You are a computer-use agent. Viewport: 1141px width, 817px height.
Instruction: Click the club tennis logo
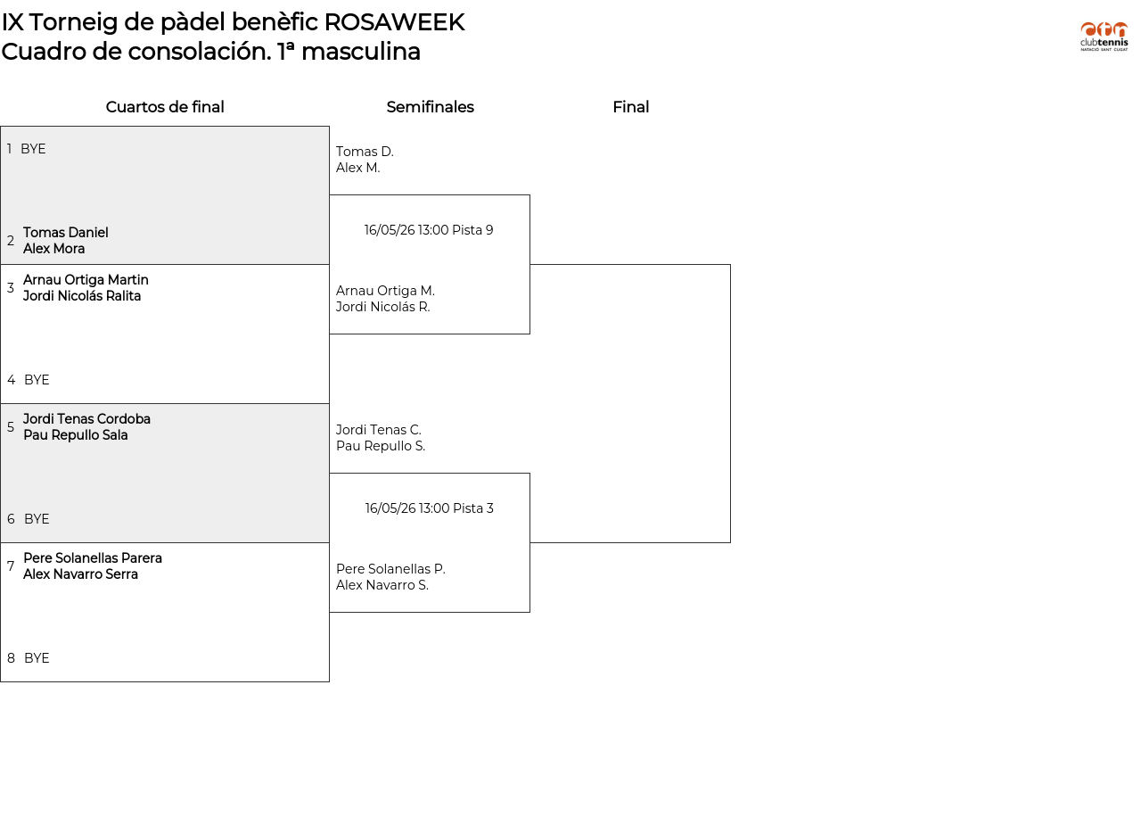click(x=1104, y=37)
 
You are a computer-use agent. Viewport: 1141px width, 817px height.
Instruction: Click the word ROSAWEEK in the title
click(x=394, y=22)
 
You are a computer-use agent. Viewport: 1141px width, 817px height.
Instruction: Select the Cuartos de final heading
click(x=165, y=107)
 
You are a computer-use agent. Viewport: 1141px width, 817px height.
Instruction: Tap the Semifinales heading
click(x=430, y=107)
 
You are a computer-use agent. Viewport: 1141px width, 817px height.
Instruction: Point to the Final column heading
click(x=630, y=107)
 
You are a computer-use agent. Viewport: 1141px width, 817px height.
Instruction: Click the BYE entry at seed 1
click(x=33, y=149)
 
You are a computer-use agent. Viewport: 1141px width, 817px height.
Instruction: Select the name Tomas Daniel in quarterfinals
click(x=66, y=233)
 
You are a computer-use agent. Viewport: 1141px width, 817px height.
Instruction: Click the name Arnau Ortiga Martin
click(x=86, y=280)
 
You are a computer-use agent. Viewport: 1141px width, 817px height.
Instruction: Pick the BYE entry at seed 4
click(x=37, y=380)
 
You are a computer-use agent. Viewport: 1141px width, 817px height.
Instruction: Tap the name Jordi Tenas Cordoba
click(x=86, y=419)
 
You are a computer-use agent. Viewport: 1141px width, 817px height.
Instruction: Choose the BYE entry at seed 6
click(x=37, y=519)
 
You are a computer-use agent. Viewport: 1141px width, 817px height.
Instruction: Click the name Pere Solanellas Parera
click(x=93, y=558)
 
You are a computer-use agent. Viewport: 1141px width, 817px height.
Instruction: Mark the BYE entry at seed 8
click(x=37, y=658)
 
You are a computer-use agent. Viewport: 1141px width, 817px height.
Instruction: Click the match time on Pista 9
click(x=429, y=230)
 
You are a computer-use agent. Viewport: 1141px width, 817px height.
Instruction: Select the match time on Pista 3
click(x=429, y=508)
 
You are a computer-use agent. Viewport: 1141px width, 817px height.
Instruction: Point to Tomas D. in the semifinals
click(x=365, y=152)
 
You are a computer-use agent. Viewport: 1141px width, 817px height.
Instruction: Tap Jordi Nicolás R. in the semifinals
click(x=383, y=307)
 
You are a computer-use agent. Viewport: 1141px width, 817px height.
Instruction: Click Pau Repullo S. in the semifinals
click(x=381, y=446)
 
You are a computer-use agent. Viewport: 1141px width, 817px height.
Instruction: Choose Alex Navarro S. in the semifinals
click(x=382, y=585)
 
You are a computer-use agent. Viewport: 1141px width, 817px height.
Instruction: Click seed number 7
click(x=11, y=565)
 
